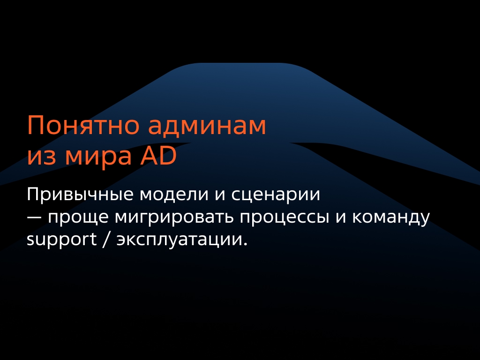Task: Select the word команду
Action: click(390, 218)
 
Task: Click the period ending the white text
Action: click(244, 245)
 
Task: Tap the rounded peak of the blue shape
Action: click(240, 66)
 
